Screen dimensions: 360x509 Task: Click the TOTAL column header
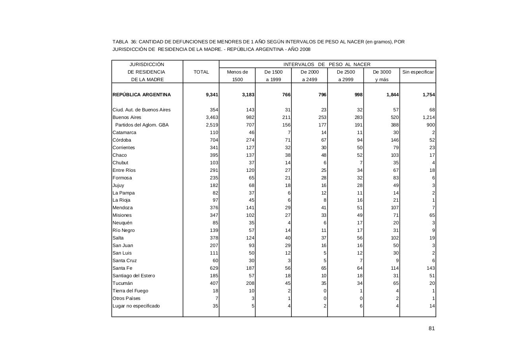201,72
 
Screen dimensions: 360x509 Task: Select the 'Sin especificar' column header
418,72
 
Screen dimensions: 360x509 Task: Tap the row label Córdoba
122,140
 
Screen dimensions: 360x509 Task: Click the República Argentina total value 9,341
211,95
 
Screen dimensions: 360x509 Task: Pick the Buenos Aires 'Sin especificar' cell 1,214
427,117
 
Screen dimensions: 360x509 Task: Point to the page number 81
431,328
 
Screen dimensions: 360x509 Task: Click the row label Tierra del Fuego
130,291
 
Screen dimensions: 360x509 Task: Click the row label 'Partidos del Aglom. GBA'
142,125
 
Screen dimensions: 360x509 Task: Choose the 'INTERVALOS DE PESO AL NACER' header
327,64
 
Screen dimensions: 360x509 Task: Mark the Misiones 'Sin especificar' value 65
432,215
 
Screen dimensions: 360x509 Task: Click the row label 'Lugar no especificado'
136,306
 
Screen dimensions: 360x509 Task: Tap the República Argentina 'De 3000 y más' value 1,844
391,95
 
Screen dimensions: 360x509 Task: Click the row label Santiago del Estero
134,276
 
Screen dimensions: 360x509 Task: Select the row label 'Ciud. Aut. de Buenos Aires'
142,110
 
